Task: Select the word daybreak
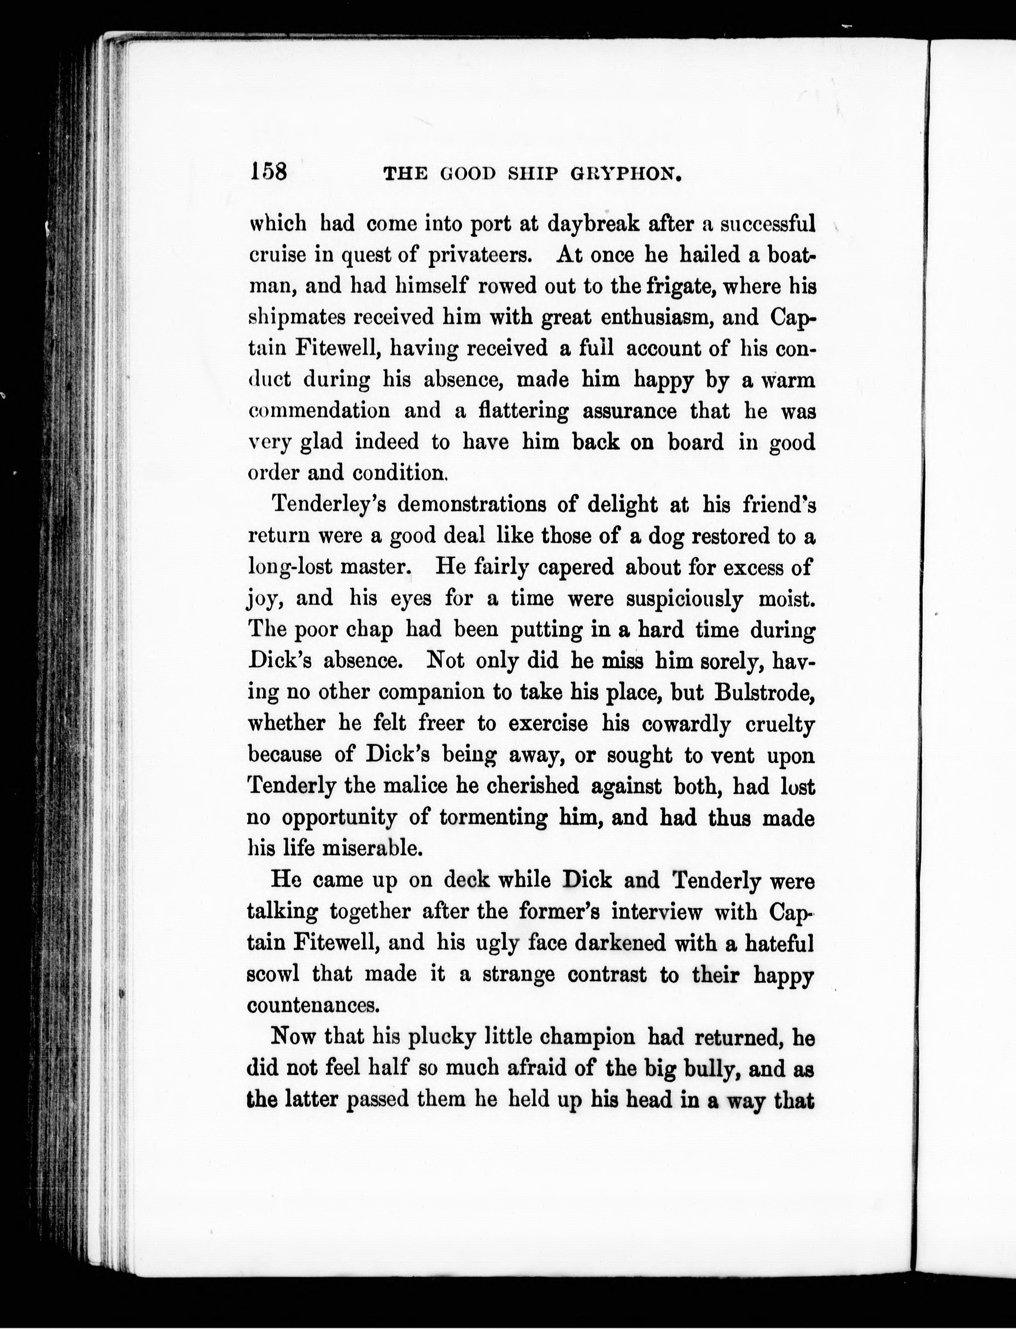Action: (x=593, y=224)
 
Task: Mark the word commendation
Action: (x=320, y=411)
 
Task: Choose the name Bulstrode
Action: (x=764, y=692)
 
